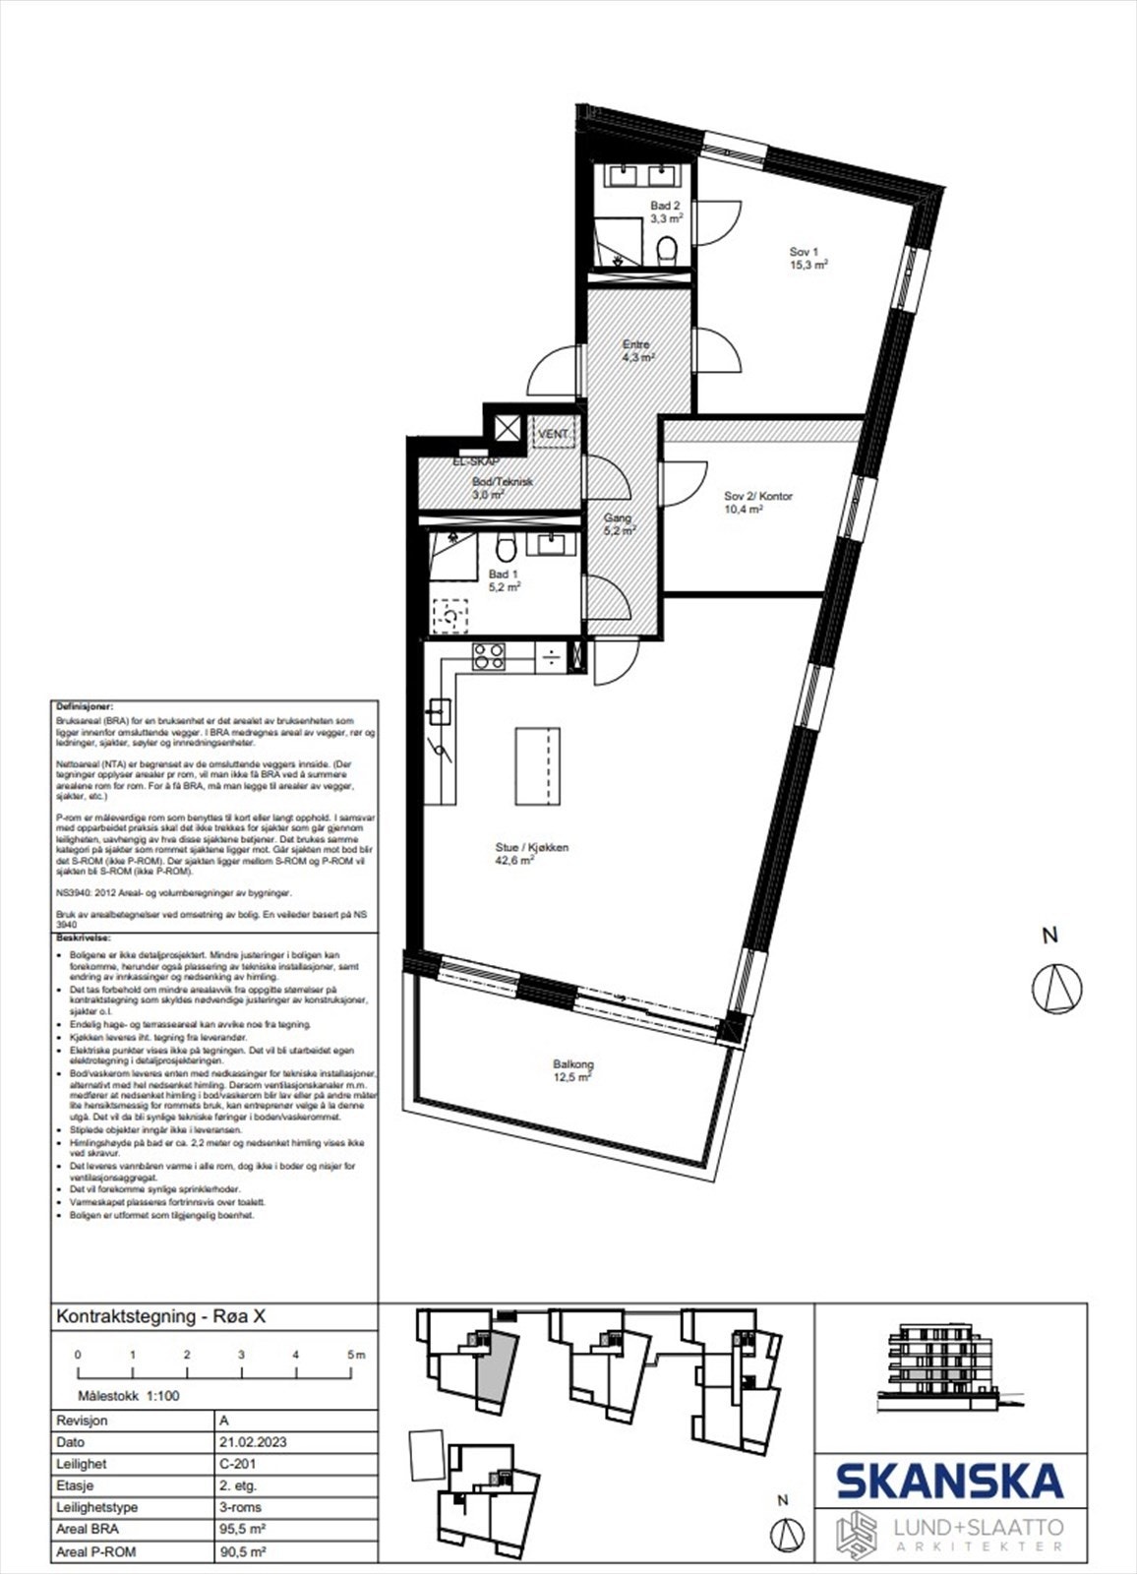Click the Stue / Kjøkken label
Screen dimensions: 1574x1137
click(531, 853)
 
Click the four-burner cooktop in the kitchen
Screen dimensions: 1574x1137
click(489, 656)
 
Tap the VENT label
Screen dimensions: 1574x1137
click(553, 434)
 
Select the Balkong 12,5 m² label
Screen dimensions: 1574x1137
click(572, 1070)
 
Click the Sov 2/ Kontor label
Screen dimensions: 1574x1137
click(757, 503)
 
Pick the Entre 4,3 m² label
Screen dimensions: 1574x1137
click(636, 351)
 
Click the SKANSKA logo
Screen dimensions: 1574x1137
click(949, 1481)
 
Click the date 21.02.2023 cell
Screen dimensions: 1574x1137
click(253, 1442)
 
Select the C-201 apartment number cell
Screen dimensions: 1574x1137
click(238, 1464)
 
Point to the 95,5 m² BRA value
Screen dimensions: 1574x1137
click(242, 1530)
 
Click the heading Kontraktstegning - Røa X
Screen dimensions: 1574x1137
click(161, 1317)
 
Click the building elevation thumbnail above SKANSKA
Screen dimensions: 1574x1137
click(944, 1359)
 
